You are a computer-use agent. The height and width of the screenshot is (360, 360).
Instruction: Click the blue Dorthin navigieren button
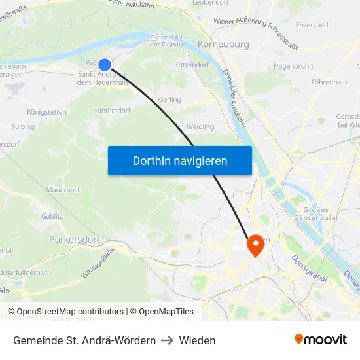point(180,160)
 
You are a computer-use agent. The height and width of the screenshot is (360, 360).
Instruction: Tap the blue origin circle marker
point(104,64)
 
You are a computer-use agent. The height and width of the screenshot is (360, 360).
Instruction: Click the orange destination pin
point(254,246)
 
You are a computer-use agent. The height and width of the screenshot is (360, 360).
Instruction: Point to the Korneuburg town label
point(223,45)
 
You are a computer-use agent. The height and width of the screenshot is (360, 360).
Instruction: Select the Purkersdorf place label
point(75,240)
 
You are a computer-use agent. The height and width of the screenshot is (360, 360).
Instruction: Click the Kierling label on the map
point(170,99)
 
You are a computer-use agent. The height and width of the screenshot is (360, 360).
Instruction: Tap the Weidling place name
point(200,126)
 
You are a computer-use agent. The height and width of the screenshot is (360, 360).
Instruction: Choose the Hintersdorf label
point(114,111)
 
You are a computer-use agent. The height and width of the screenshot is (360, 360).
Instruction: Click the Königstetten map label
point(46,112)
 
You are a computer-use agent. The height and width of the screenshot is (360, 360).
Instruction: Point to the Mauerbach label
point(63,190)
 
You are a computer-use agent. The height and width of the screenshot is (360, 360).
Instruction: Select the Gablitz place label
point(52,215)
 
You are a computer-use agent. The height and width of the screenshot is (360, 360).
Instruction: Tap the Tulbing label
point(23,126)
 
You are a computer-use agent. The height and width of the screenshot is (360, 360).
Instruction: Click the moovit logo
point(320,340)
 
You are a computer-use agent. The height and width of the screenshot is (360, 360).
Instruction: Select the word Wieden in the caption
point(197,340)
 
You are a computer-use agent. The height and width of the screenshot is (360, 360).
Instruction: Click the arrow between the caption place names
point(167,340)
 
